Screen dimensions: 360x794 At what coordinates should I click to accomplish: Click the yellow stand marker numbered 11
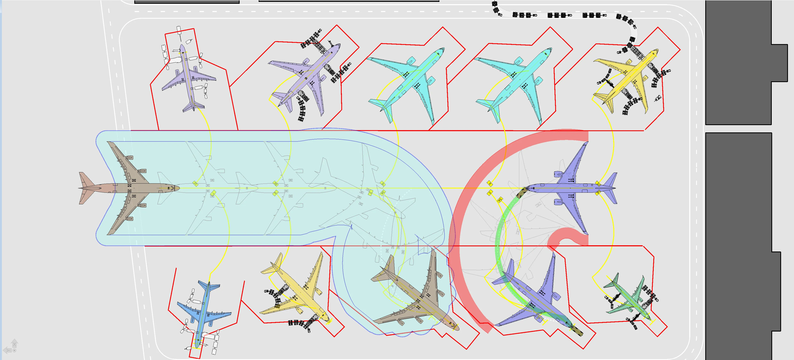point(195,184)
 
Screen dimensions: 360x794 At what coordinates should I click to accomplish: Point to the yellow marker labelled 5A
point(500,200)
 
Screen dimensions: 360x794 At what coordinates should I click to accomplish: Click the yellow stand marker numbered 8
point(490,184)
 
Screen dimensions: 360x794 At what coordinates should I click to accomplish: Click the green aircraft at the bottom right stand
point(632,299)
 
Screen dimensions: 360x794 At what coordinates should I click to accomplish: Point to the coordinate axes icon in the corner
point(11,346)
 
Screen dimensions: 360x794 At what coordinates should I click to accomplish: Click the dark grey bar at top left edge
point(187,2)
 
